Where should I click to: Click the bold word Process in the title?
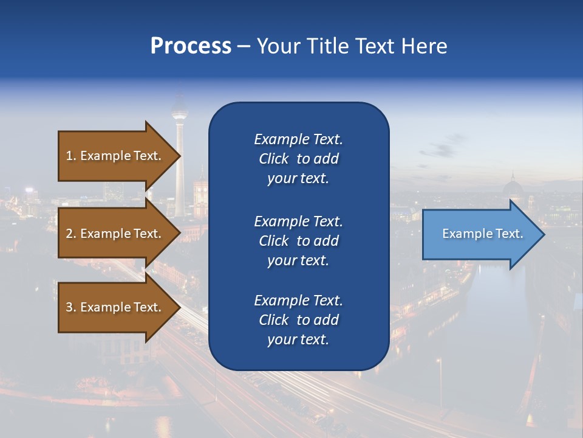pos(191,46)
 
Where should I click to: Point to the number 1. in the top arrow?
pos(71,156)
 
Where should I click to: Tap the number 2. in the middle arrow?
pos(71,234)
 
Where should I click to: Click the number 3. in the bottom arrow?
pos(71,307)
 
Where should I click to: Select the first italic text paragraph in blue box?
pos(298,159)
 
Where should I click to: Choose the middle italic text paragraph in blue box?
pos(298,241)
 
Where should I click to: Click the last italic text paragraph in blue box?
pos(298,320)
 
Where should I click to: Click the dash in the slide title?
pos(244,47)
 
